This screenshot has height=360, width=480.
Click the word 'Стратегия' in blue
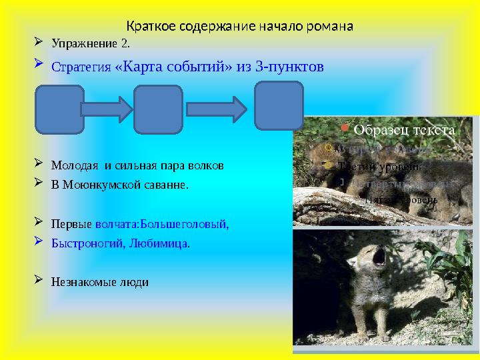(81, 67)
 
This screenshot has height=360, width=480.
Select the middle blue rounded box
(158, 109)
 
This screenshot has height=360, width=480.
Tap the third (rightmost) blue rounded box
(279, 105)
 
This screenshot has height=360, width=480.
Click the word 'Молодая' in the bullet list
(73, 165)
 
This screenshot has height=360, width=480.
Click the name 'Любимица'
(165, 243)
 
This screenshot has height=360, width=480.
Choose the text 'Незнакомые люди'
(100, 282)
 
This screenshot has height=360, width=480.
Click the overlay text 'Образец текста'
(404, 130)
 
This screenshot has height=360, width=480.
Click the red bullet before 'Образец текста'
(343, 126)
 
